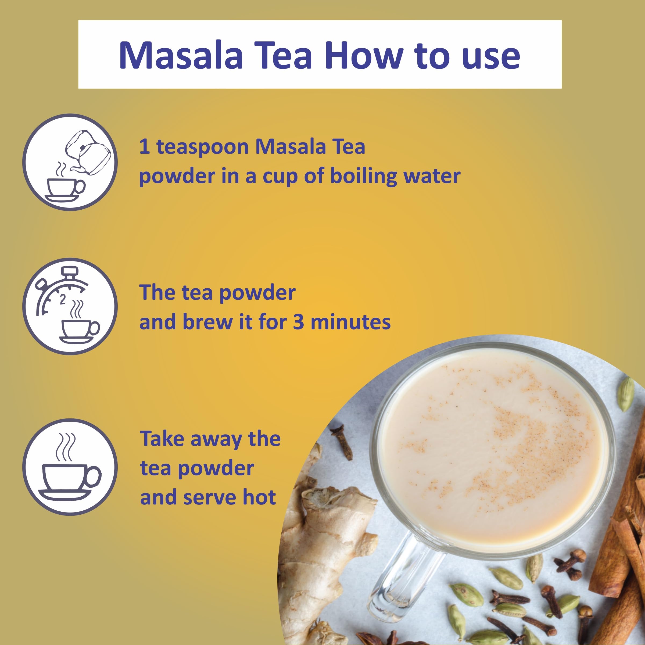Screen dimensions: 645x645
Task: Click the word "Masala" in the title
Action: click(x=181, y=55)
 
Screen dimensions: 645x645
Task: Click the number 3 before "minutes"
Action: click(x=298, y=322)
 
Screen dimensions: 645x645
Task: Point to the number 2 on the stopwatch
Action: click(x=62, y=299)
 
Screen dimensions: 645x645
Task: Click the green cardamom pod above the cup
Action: click(x=626, y=394)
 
